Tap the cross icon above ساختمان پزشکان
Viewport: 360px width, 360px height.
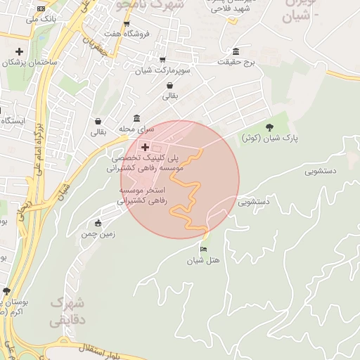point(19,52)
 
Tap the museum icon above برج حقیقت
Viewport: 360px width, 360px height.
point(234,53)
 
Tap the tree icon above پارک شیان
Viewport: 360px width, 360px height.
point(270,127)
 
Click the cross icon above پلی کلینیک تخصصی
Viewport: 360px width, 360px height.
point(145,148)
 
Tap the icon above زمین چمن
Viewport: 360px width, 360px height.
point(98,224)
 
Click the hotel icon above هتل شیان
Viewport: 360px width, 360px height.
point(204,249)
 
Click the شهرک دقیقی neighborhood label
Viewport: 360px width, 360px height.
point(68,311)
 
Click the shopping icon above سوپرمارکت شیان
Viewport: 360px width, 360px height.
point(163,60)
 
